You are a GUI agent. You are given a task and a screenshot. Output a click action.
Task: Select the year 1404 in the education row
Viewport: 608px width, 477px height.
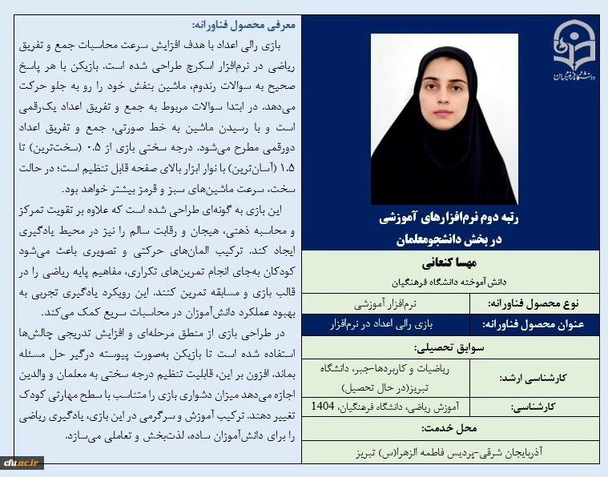[x=324, y=407]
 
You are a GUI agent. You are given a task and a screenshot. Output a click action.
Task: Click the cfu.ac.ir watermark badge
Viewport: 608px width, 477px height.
[x=22, y=462]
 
